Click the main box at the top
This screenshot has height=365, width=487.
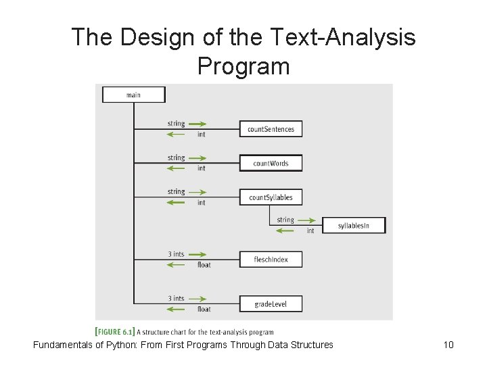coord(133,95)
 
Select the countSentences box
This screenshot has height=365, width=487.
coord(271,128)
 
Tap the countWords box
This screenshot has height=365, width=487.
coord(271,163)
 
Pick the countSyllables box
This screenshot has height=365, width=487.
coord(271,197)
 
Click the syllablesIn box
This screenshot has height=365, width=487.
coord(353,226)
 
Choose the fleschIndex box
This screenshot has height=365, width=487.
coord(271,260)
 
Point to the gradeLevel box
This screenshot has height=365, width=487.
coord(271,304)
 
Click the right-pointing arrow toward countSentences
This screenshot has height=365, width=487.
coord(197,124)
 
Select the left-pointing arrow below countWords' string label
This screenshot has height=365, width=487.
coord(177,168)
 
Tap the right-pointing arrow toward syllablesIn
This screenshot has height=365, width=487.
coord(307,220)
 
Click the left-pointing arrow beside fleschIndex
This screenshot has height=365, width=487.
coord(177,264)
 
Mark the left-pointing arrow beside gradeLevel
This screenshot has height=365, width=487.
coord(177,309)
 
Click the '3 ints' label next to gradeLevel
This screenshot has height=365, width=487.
coord(176,299)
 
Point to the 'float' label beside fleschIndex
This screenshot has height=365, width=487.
coord(204,265)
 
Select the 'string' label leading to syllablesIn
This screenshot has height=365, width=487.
coord(285,220)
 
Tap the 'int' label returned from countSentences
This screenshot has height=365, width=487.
coord(202,135)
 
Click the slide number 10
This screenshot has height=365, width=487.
coord(448,345)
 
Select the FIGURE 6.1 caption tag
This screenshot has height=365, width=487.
coord(116,332)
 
